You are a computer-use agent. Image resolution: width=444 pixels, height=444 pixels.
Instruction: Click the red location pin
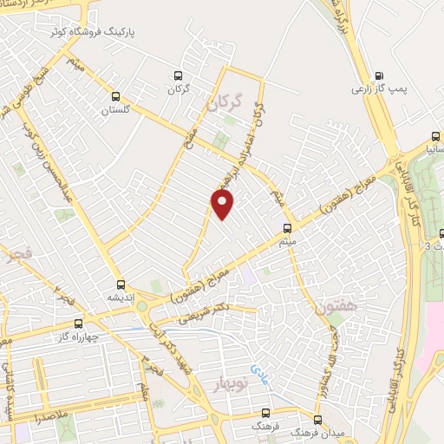tap(224, 204)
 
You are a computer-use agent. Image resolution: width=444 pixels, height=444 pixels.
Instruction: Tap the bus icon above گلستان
tap(116, 97)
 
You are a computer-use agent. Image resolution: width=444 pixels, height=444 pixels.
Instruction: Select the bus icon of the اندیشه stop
tap(120, 284)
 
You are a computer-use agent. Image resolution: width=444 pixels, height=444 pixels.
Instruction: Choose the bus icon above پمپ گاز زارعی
tap(378, 75)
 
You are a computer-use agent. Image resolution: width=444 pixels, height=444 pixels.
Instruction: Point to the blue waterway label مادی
tap(258, 373)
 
